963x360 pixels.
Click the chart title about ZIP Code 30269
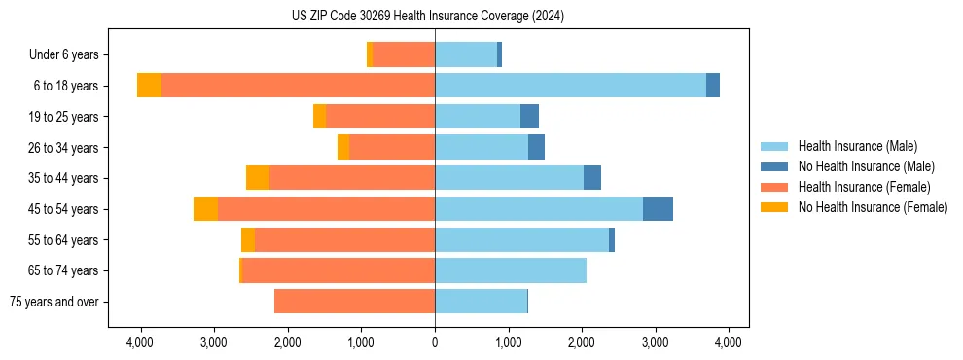(427, 17)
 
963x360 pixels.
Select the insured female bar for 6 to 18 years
(298, 86)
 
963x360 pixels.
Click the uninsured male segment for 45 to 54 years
(658, 209)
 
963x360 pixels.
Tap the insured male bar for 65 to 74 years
(511, 270)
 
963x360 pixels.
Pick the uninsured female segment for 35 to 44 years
(258, 178)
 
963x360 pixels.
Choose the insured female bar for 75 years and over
(354, 302)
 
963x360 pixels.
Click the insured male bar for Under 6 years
(466, 55)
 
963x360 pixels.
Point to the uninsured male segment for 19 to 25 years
(529, 117)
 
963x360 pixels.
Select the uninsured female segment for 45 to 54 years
(205, 209)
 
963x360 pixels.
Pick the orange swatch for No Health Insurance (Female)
(774, 207)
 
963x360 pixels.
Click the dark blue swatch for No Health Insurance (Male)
(774, 166)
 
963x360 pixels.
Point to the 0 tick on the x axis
(435, 342)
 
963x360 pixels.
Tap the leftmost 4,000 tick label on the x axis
(140, 342)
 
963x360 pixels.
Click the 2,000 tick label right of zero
(582, 342)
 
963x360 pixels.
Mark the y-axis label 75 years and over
(53, 302)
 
